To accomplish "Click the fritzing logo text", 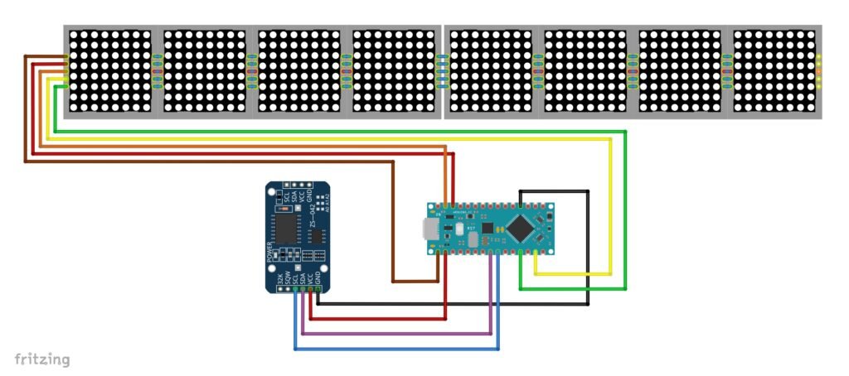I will pyautogui.click(x=42, y=359).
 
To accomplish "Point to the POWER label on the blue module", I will pyautogui.click(x=270, y=253).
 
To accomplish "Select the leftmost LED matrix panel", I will pyautogui.click(x=110, y=71).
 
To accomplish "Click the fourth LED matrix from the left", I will pyautogui.click(x=395, y=71).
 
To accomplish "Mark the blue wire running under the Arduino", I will pyautogui.click(x=398, y=349).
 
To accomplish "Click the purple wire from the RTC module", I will pyautogui.click(x=398, y=335).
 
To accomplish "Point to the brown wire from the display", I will pyautogui.click(x=207, y=161).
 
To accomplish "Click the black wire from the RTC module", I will pyautogui.click(x=456, y=304).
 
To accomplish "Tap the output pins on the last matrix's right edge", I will pyautogui.click(x=819, y=71).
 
